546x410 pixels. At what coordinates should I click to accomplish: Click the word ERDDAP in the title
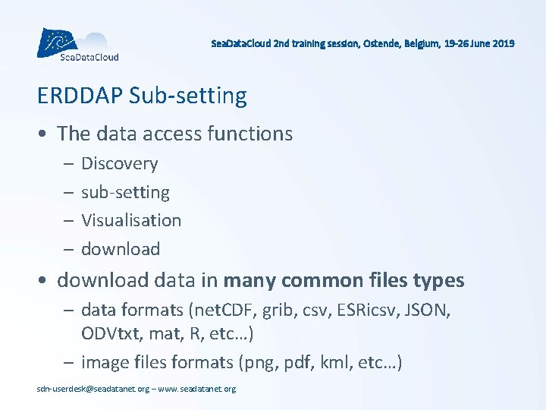[80, 96]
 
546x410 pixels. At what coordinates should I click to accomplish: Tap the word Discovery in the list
[119, 164]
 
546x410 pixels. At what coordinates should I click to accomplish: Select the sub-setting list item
[125, 192]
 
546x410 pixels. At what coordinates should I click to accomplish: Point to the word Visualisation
[131, 220]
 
